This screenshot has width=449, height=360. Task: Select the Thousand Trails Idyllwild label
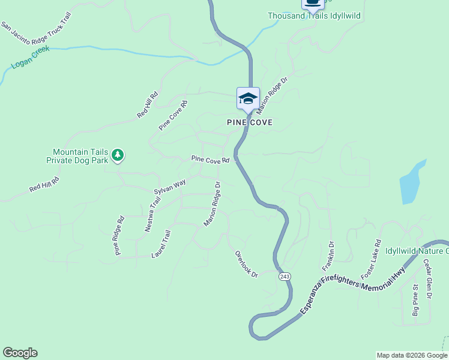tap(314, 16)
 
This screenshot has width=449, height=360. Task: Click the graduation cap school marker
tap(248, 98)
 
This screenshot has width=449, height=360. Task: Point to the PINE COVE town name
tap(250, 122)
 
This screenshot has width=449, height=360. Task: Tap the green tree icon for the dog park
tap(118, 155)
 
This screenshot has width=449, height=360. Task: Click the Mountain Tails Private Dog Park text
tap(80, 156)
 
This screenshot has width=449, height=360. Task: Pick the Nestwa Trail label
tap(153, 212)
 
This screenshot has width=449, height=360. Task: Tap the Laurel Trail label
tap(161, 245)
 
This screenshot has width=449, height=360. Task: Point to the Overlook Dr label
tap(246, 265)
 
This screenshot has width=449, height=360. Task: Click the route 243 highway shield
tap(285, 276)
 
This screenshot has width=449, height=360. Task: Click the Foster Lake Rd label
tap(371, 259)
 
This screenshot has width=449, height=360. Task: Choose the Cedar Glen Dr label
tap(427, 278)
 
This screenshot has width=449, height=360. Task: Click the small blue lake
tap(412, 183)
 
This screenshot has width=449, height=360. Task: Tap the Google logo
tap(20, 353)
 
